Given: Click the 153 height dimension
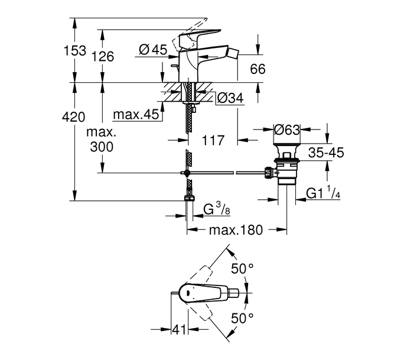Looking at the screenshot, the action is point(75,50).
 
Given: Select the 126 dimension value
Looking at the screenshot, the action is point(103,56).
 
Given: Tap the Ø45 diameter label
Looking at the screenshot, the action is point(153,49).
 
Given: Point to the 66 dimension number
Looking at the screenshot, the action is point(258,69).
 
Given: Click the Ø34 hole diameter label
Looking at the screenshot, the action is point(230,98).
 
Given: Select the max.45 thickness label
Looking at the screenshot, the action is point(136,115).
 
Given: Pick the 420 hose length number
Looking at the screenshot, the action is point(73,117).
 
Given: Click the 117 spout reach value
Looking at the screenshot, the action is point(213,140).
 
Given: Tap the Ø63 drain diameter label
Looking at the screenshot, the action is point(287,129).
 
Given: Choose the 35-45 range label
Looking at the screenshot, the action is point(326,153).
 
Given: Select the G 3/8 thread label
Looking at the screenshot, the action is point(217,209).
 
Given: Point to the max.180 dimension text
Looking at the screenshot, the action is point(236,230).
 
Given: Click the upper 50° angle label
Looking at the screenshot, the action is point(242,269).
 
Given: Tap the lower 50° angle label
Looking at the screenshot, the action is point(242,318).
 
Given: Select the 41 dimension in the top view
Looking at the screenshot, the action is point(179,329).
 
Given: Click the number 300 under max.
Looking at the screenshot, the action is point(102,147).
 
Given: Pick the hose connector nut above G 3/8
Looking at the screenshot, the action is point(189,198).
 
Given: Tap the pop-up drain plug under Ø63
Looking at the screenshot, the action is point(287,152).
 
